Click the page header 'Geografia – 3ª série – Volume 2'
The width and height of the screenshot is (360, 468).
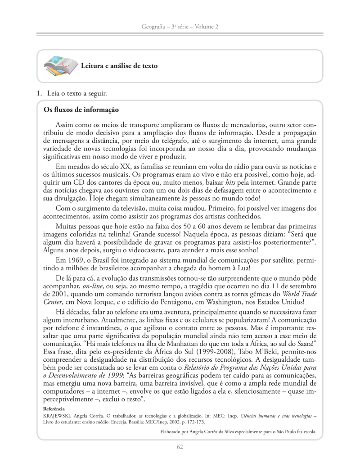pos(180,27)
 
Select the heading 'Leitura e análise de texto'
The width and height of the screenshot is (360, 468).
pos(119,66)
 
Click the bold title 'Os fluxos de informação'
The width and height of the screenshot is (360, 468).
pos(81,109)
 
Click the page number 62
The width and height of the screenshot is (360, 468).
pos(180,447)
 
